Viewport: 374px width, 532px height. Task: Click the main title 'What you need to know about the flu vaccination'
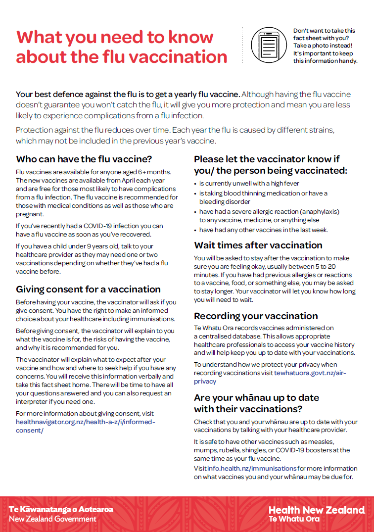(x=121, y=47)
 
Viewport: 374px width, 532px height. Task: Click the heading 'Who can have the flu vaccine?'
(x=84, y=159)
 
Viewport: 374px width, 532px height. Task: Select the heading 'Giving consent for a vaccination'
(x=88, y=289)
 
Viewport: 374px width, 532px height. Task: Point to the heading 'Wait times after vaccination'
(x=258, y=245)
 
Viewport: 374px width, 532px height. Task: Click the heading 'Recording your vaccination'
(x=256, y=316)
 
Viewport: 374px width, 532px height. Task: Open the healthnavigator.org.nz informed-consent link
(x=85, y=426)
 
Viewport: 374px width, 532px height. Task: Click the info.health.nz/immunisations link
(x=252, y=468)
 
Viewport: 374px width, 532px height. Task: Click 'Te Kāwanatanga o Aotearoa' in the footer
(x=61, y=509)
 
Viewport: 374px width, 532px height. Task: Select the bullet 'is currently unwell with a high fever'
(x=246, y=183)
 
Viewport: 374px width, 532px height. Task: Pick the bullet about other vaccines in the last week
(x=263, y=230)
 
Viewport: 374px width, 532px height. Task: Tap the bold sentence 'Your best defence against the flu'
(x=128, y=95)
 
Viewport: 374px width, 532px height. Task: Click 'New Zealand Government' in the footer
(x=53, y=519)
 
